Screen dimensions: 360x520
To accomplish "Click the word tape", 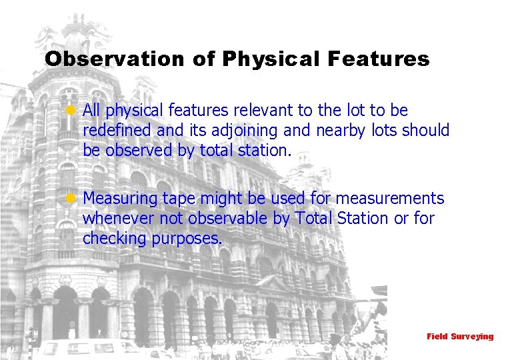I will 178,199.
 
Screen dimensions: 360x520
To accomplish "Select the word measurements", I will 389,199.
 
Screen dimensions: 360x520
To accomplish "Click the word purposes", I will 187,239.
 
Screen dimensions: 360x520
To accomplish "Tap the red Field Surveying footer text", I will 460,337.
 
